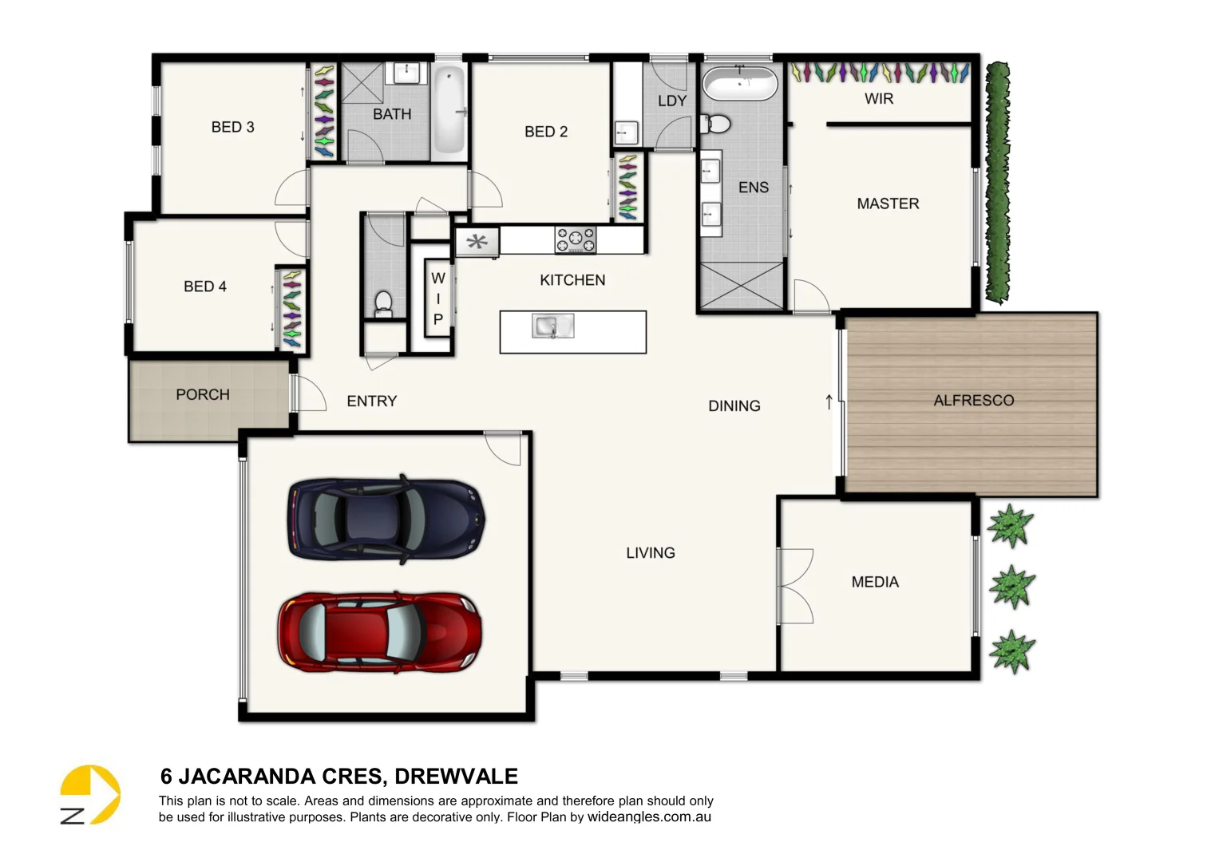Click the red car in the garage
[380, 632]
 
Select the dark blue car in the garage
[386, 519]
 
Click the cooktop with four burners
[576, 239]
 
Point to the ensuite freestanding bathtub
[738, 84]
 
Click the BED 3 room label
[232, 127]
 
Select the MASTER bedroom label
[888, 204]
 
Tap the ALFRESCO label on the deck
[973, 400]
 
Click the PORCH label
[203, 394]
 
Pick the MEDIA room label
[875, 582]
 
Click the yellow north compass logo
[89, 794]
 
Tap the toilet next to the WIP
[383, 303]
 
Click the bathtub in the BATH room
[449, 109]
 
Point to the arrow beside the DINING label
[829, 402]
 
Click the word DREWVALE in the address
[456, 776]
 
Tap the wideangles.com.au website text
[649, 817]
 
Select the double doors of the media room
[795, 586]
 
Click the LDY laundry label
[671, 101]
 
